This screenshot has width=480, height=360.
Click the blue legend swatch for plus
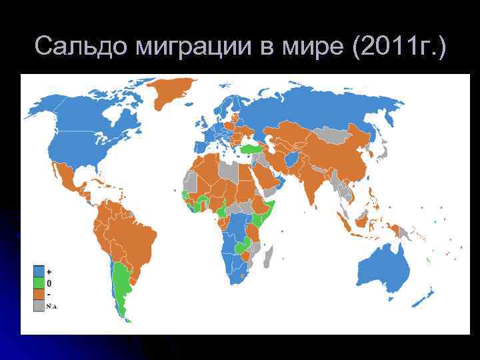tap(39, 271)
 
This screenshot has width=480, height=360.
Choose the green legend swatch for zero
tap(39, 283)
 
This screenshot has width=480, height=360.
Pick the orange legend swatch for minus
tap(39, 294)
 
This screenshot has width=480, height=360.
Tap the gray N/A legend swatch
tap(39, 305)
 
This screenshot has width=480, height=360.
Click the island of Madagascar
tap(267, 255)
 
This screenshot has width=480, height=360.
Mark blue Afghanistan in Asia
tap(291, 161)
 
